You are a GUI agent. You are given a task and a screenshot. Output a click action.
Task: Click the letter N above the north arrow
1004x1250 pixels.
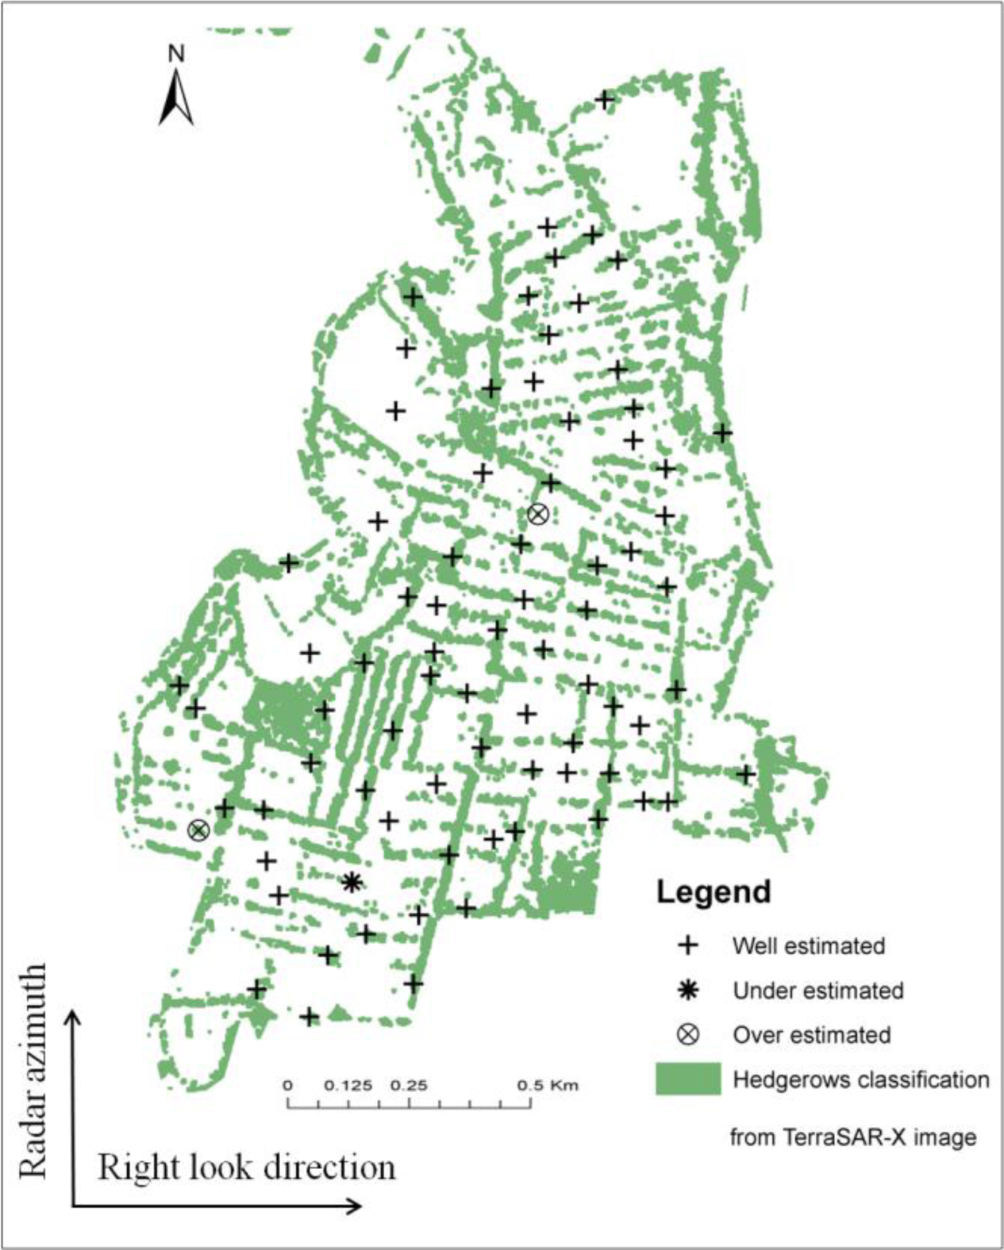coord(176,54)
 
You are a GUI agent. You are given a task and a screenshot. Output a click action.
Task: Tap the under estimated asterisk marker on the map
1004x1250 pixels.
coord(352,881)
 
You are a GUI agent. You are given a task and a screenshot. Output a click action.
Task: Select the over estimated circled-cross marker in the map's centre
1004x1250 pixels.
coord(537,514)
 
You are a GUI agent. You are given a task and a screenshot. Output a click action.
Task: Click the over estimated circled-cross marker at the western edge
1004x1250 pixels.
coord(198,830)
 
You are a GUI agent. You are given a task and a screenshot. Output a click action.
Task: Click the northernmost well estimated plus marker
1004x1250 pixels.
coord(605,100)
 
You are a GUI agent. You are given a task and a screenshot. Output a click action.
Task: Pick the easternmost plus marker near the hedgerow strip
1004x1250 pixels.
coord(745,773)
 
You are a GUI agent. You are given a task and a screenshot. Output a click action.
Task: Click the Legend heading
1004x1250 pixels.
coord(713,891)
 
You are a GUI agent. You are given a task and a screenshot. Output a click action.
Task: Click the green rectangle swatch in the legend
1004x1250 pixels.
coord(688,1079)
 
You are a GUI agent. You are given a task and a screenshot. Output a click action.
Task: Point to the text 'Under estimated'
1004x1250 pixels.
coord(817,991)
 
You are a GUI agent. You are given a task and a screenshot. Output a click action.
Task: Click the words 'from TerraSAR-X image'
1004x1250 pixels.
coord(852,1137)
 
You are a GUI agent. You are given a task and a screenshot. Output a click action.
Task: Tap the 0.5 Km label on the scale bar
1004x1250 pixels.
coord(548,1085)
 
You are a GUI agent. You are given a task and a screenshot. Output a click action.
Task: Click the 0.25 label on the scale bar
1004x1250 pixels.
coord(409,1085)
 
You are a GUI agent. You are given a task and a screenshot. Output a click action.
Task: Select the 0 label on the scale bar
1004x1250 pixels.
coord(288,1085)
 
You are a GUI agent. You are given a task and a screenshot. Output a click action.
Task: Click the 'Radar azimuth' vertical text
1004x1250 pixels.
coord(33,1071)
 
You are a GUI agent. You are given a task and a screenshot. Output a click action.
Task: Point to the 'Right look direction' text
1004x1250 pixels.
coord(246,1168)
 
